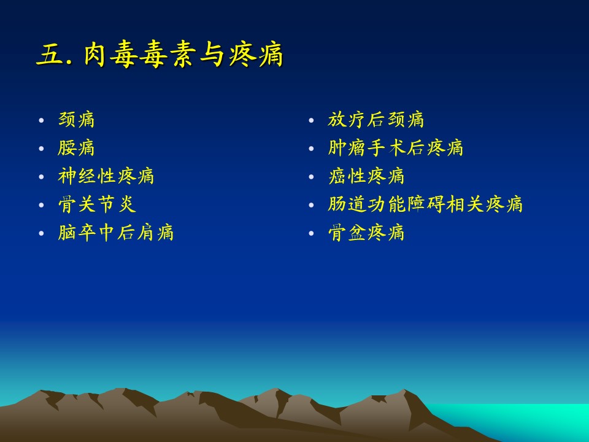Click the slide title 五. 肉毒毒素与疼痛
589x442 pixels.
point(160,55)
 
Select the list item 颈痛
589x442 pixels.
point(76,120)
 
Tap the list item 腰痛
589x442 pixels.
point(76,148)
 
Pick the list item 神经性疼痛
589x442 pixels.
point(106,176)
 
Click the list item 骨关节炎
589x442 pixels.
point(97,204)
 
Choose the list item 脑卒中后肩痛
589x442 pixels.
point(116,233)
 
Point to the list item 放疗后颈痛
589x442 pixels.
point(375,120)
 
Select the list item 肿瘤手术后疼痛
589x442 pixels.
point(396,148)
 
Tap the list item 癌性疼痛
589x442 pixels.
point(366,176)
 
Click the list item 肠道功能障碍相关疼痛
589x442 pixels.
point(425,204)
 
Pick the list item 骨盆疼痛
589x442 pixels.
point(366,233)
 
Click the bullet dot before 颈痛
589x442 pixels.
point(41,121)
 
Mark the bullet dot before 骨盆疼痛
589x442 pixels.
point(311,233)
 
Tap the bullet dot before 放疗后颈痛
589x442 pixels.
point(311,121)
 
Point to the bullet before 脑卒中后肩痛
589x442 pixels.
point(41,233)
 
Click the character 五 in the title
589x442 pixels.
point(50,55)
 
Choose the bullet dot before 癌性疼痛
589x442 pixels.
point(311,177)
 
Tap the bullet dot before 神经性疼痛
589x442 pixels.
point(41,177)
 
